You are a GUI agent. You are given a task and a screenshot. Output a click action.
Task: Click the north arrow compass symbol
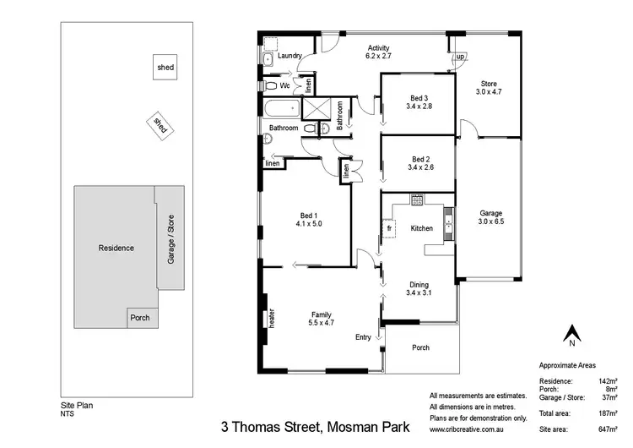pyautogui.click(x=572, y=335)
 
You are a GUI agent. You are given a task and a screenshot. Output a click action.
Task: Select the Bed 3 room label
pyautogui.click(x=419, y=97)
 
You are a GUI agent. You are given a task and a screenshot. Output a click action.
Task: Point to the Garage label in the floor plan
pyautogui.click(x=491, y=213)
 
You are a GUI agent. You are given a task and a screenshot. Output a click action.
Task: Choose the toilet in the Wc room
pyautogui.click(x=270, y=85)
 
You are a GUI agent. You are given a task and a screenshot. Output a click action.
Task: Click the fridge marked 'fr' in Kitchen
pyautogui.click(x=389, y=229)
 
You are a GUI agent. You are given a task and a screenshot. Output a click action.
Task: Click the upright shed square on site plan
pyautogui.click(x=165, y=67)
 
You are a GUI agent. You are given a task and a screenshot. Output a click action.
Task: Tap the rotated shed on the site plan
pyautogui.click(x=159, y=125)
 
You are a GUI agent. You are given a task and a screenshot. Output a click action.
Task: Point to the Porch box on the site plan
pyautogui.click(x=140, y=319)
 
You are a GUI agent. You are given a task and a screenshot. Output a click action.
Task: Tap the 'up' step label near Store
pyautogui.click(x=460, y=57)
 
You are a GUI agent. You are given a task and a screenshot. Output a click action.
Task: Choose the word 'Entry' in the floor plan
pyautogui.click(x=363, y=337)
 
